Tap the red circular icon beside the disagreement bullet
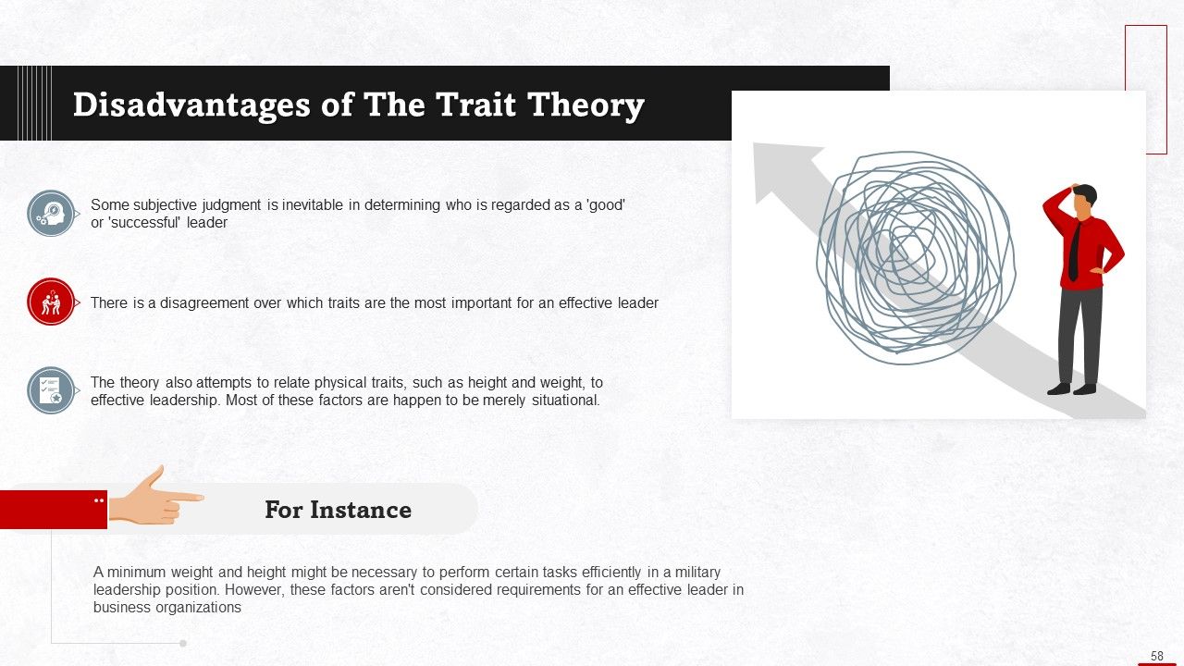51,302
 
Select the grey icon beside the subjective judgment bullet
51,214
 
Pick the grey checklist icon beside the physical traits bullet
51,390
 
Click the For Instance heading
338,510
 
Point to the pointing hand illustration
153,498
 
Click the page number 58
1157,656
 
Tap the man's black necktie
1074,251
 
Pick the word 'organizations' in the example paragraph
199,608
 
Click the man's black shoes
1071,388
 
